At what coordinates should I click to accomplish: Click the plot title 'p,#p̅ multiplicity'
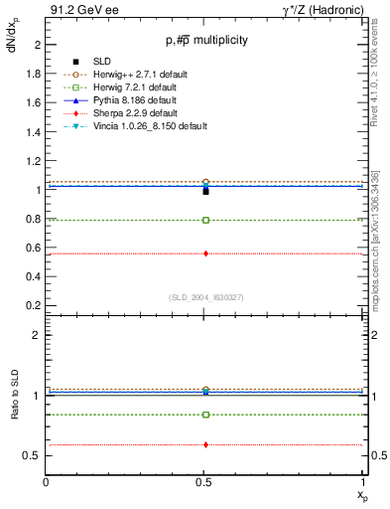point(205,41)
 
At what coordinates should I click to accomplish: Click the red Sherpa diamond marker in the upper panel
point(205,254)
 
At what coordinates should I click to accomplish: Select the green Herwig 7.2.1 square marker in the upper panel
point(205,220)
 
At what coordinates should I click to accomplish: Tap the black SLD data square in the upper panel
point(205,190)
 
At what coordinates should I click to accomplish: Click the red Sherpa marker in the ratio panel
point(205,444)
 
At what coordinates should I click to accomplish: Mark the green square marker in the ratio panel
point(205,415)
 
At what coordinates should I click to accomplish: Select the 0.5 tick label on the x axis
point(205,483)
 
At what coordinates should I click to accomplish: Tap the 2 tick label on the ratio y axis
point(38,335)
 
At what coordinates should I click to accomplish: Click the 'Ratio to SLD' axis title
point(14,413)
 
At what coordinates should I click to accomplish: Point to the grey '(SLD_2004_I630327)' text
point(205,297)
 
